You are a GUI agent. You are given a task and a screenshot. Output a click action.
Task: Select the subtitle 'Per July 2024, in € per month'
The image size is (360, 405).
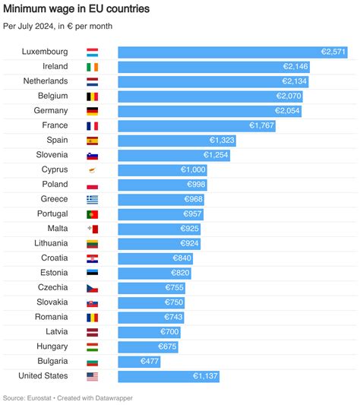click(x=58, y=26)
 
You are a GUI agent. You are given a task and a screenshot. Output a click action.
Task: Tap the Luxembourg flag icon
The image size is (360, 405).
click(x=92, y=52)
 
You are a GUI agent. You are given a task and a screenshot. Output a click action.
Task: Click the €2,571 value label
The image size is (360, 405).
click(x=333, y=52)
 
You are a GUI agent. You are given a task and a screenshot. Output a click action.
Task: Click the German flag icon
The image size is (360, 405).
click(x=92, y=111)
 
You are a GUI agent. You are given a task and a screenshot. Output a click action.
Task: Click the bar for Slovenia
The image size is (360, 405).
click(x=174, y=155)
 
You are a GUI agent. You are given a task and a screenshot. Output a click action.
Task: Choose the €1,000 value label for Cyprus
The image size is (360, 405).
click(x=192, y=169)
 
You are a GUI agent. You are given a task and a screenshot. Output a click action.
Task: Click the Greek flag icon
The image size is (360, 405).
click(x=92, y=199)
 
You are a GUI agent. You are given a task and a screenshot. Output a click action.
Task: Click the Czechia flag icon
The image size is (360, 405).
click(x=92, y=287)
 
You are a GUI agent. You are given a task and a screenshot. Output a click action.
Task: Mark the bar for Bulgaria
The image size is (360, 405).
click(x=139, y=361)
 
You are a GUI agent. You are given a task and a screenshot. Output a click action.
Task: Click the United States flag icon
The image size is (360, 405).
click(x=92, y=376)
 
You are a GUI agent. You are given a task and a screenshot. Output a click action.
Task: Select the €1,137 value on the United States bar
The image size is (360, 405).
click(x=204, y=376)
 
